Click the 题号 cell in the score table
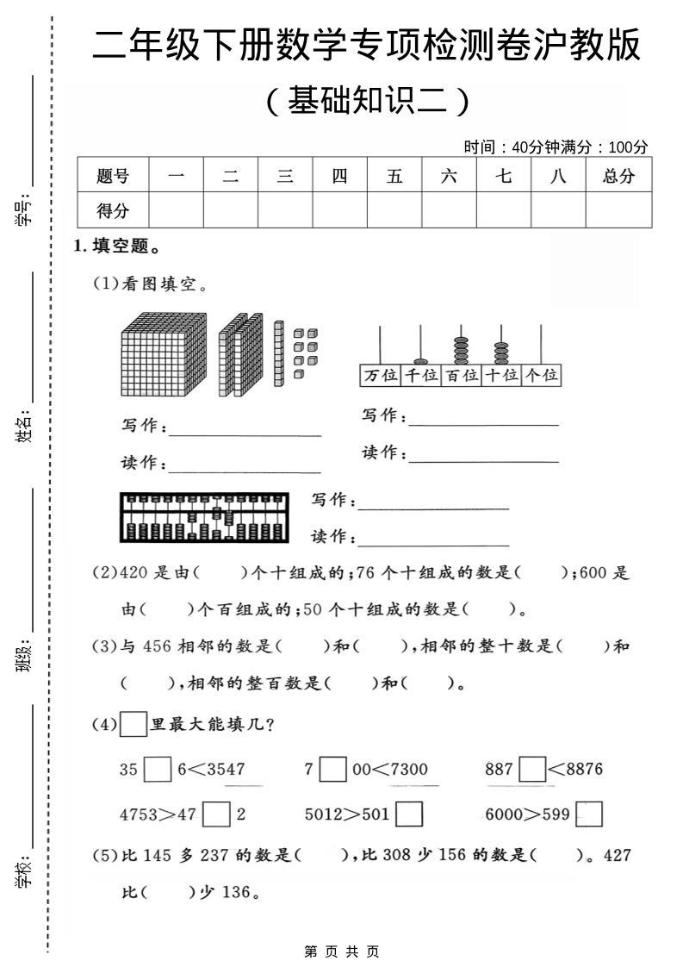pyautogui.click(x=113, y=177)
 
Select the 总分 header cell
pyautogui.click(x=618, y=177)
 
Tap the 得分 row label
pyautogui.click(x=113, y=209)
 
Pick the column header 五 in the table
pyautogui.click(x=394, y=177)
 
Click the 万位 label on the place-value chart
pyautogui.click(x=381, y=375)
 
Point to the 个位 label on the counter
pyautogui.click(x=542, y=375)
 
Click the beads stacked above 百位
pyautogui.click(x=461, y=349)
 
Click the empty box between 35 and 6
pyautogui.click(x=158, y=768)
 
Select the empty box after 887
pyautogui.click(x=533, y=768)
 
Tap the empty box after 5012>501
pyautogui.click(x=409, y=814)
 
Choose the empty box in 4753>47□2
pyautogui.click(x=219, y=814)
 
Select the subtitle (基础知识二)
pyautogui.click(x=368, y=102)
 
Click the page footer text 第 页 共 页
pyautogui.click(x=342, y=951)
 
